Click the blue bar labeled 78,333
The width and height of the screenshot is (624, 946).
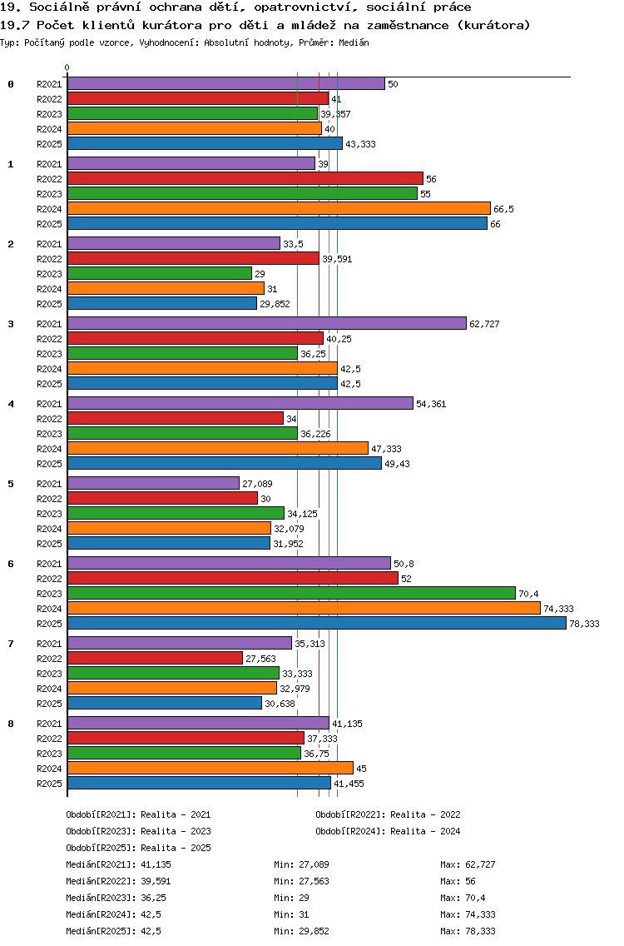[316, 623]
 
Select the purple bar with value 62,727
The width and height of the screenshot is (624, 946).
[266, 323]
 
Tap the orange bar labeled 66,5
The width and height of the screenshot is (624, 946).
[279, 208]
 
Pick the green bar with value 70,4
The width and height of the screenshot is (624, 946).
[291, 593]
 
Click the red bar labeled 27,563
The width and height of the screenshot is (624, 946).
[155, 658]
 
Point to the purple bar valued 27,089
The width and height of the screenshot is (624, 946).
[153, 483]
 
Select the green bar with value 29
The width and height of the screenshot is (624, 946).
[159, 273]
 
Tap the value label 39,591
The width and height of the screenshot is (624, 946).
[337, 259]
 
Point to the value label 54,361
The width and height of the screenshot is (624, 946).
[431, 404]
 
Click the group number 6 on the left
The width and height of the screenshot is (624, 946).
[11, 564]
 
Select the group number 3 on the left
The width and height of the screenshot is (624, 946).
[11, 324]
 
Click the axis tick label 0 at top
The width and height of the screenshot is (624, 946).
[67, 67]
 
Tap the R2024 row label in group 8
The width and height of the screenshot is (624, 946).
[49, 769]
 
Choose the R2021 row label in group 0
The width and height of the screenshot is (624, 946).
[49, 84]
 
